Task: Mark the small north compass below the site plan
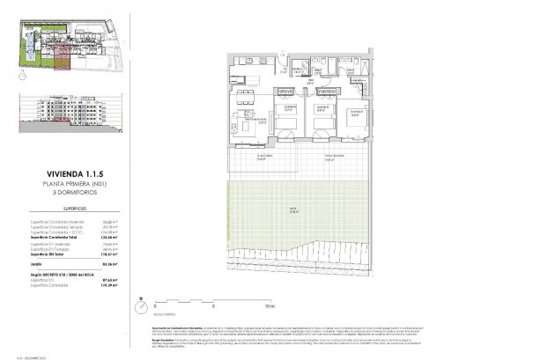[x=21, y=76]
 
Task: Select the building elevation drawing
[x=66, y=107]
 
